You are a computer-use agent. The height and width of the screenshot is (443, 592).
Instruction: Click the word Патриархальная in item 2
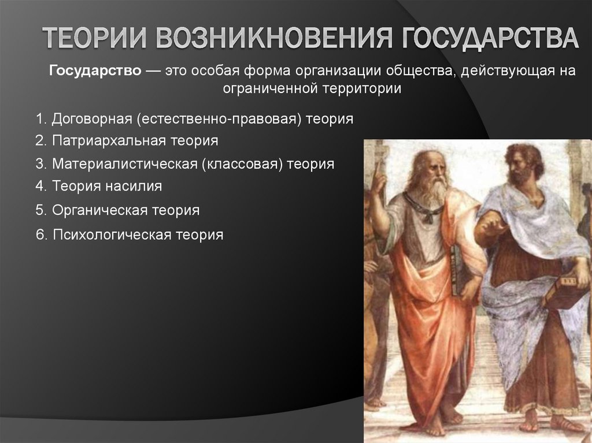109,140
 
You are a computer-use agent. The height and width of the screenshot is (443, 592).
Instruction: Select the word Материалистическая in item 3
124,163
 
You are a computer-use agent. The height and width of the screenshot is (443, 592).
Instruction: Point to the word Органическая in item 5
100,210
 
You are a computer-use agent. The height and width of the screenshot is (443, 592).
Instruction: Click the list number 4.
39,186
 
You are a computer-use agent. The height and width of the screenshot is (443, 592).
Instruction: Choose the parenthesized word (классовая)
243,163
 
